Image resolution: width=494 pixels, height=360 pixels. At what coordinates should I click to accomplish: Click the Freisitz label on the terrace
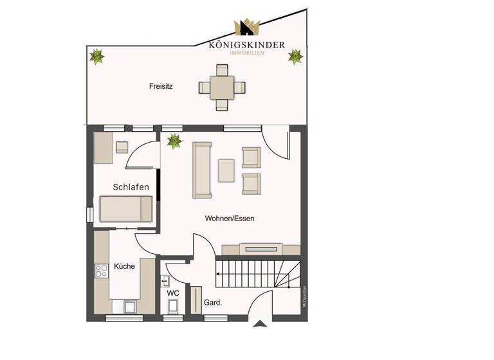click(x=161, y=85)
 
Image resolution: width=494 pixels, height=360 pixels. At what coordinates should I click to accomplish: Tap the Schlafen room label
click(x=131, y=187)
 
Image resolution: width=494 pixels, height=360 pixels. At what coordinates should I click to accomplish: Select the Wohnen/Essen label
click(x=230, y=219)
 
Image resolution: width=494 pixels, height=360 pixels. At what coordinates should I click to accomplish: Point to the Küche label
click(x=125, y=266)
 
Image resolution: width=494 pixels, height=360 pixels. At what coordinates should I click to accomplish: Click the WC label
click(x=173, y=293)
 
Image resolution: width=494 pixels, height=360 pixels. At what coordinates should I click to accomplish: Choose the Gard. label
click(x=213, y=302)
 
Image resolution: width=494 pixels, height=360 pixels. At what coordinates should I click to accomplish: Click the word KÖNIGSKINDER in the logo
click(x=247, y=45)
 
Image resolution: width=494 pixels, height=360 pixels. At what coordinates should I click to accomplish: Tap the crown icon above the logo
click(x=246, y=28)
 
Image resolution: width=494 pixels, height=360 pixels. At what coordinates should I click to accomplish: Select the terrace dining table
click(x=222, y=86)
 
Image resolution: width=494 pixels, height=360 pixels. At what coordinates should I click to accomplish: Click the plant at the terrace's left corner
click(x=96, y=57)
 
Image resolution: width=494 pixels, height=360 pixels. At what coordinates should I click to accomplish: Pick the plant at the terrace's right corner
click(x=295, y=57)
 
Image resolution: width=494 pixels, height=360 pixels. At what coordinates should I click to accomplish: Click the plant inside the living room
click(x=174, y=140)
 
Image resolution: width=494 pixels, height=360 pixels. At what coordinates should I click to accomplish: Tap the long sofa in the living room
click(x=202, y=170)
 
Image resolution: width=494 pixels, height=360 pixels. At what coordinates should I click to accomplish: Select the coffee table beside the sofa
click(x=226, y=170)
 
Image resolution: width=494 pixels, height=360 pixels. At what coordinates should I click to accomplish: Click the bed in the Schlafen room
click(x=125, y=209)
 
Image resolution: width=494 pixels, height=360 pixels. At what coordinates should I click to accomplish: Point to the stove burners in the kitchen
click(x=102, y=271)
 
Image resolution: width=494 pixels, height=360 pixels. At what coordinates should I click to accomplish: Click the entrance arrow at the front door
click(x=261, y=323)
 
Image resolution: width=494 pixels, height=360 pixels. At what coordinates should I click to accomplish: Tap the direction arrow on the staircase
click(x=219, y=273)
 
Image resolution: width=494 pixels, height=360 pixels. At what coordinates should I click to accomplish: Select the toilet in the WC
click(x=173, y=309)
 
